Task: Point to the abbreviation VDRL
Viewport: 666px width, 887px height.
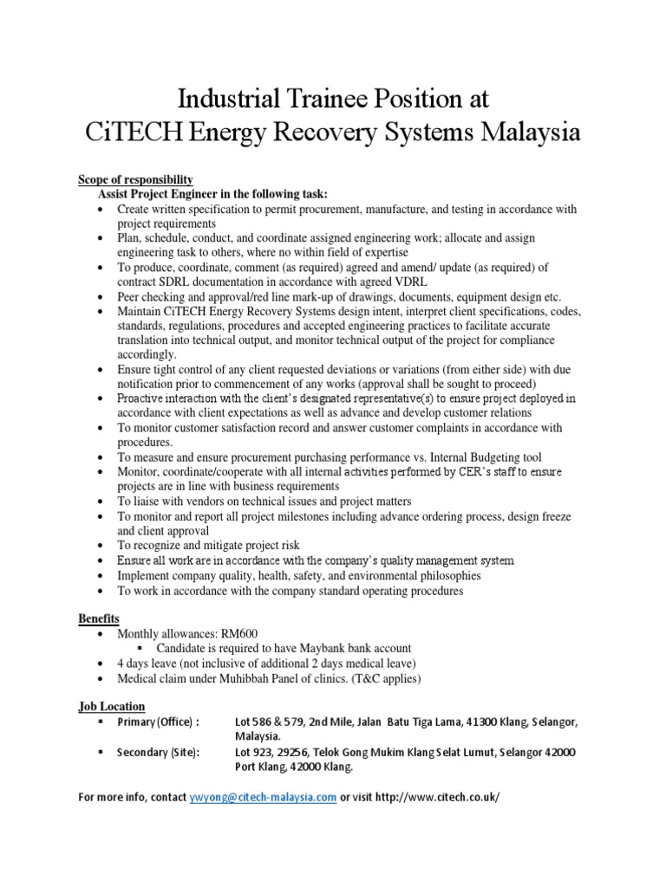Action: point(399,281)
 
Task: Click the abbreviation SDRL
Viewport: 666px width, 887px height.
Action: point(176,281)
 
